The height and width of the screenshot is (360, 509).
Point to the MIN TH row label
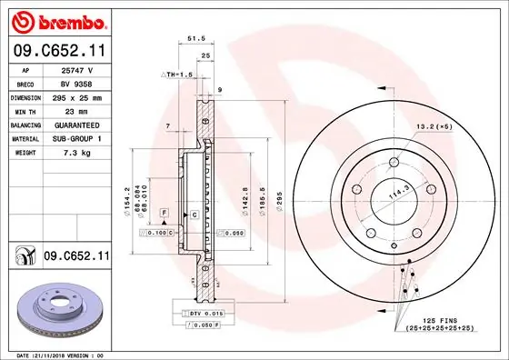pos(25,110)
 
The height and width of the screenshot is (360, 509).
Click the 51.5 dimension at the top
pos(194,39)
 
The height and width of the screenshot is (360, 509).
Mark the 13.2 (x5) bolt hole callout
pos(434,126)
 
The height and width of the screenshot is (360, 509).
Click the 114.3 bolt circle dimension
pos(396,195)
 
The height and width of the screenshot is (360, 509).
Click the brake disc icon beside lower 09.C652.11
pos(23,257)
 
